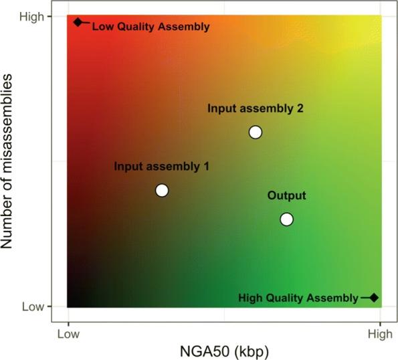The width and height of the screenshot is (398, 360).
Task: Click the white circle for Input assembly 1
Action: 161,190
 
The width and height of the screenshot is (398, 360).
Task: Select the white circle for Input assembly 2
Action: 255,132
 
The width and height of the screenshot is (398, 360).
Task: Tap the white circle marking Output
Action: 286,219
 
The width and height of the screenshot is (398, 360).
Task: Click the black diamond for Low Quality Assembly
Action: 78,22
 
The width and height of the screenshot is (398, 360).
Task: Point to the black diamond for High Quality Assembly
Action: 374,297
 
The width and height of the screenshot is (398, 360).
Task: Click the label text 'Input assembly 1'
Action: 161,167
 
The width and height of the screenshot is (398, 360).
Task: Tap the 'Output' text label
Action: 286,195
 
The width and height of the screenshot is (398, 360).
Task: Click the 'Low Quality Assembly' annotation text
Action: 151,27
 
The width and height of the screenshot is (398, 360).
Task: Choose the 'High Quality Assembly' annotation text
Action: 298,297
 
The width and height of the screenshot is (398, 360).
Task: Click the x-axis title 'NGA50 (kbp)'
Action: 224,350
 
